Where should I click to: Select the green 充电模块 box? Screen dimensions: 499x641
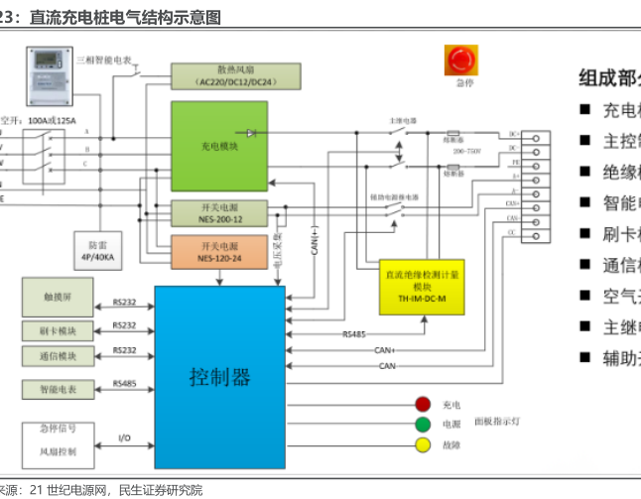(x=219, y=145)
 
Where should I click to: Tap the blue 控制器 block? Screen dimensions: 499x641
(x=219, y=376)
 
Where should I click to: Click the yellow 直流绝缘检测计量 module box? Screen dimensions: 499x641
(x=422, y=287)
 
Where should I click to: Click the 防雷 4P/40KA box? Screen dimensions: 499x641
(x=96, y=248)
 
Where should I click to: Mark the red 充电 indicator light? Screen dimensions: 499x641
(x=423, y=404)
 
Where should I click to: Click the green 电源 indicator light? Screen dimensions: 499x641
(x=423, y=425)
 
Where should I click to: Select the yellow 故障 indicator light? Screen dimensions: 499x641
(x=423, y=445)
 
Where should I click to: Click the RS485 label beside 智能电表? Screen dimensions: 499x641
(x=124, y=383)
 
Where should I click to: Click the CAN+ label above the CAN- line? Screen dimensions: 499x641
(x=385, y=350)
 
